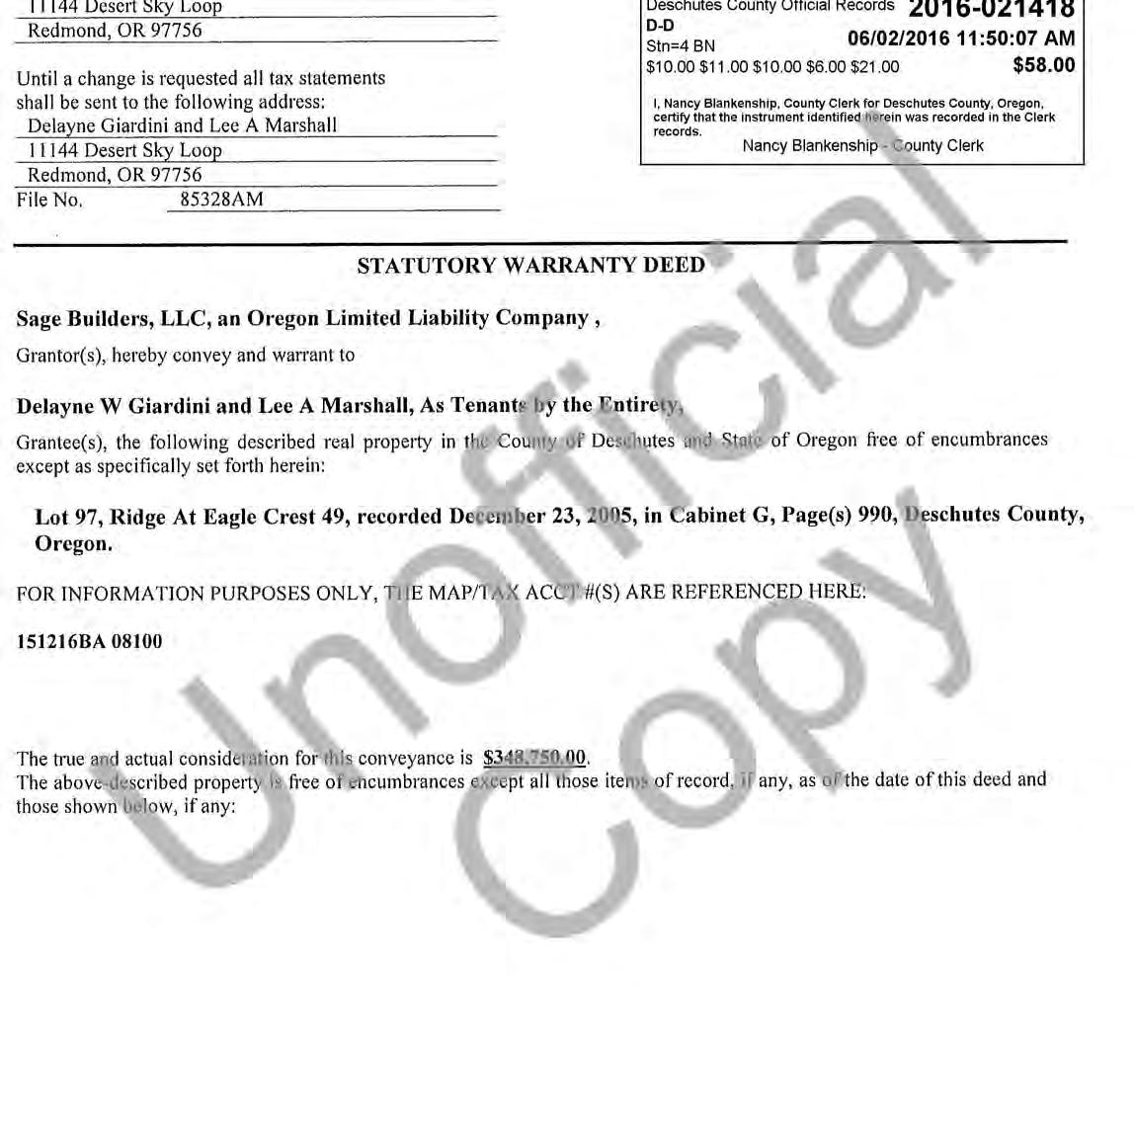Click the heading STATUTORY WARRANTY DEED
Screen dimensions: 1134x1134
pyautogui.click(x=530, y=266)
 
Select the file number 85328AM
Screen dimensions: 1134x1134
pyautogui.click(x=221, y=200)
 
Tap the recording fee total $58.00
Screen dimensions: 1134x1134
pyautogui.click(x=1043, y=66)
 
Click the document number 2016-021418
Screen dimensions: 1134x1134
pyautogui.click(x=991, y=11)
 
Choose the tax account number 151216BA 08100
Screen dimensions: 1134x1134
pyautogui.click(x=89, y=641)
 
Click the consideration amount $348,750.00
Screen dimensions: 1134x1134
pyautogui.click(x=534, y=759)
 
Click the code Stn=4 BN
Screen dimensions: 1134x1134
pyautogui.click(x=680, y=46)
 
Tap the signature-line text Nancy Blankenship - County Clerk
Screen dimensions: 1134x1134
pyautogui.click(x=862, y=146)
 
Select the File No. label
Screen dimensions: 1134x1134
pyautogui.click(x=49, y=200)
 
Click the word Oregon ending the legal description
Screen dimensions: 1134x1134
pyautogui.click(x=72, y=544)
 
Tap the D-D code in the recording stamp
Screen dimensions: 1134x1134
pyautogui.click(x=660, y=27)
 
